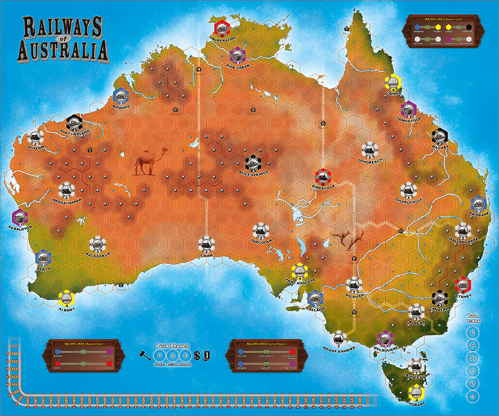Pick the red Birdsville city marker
(x=323, y=177)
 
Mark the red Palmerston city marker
(x=223, y=28)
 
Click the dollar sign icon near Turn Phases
(x=197, y=356)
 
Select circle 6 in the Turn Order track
(x=473, y=396)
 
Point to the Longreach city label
(x=368, y=159)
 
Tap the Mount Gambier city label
(x=339, y=348)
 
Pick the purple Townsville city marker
(x=408, y=109)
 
